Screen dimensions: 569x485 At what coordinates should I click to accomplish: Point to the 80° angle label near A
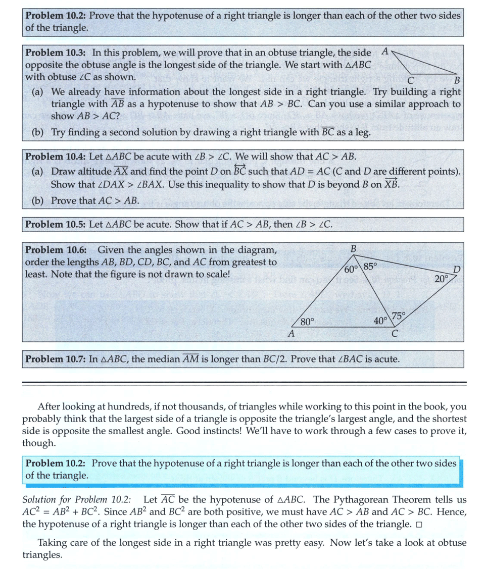(x=307, y=321)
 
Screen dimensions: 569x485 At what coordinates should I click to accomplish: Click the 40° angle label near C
(x=380, y=320)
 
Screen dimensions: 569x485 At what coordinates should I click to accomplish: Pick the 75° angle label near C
(x=398, y=316)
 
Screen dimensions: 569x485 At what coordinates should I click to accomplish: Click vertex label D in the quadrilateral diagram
(x=456, y=269)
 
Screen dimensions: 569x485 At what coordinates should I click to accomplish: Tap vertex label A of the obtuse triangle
(x=385, y=51)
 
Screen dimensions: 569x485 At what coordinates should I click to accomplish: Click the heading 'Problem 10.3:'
(x=56, y=53)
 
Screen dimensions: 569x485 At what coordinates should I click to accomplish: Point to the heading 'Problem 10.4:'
(x=56, y=156)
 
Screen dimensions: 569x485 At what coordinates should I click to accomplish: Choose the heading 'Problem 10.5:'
(x=56, y=224)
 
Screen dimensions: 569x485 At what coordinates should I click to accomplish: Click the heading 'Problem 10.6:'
(x=56, y=249)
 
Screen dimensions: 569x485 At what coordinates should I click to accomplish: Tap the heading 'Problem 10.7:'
(x=56, y=359)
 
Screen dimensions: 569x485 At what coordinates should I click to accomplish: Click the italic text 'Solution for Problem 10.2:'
(x=77, y=500)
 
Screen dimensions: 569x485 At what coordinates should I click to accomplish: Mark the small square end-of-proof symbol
(x=418, y=525)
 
